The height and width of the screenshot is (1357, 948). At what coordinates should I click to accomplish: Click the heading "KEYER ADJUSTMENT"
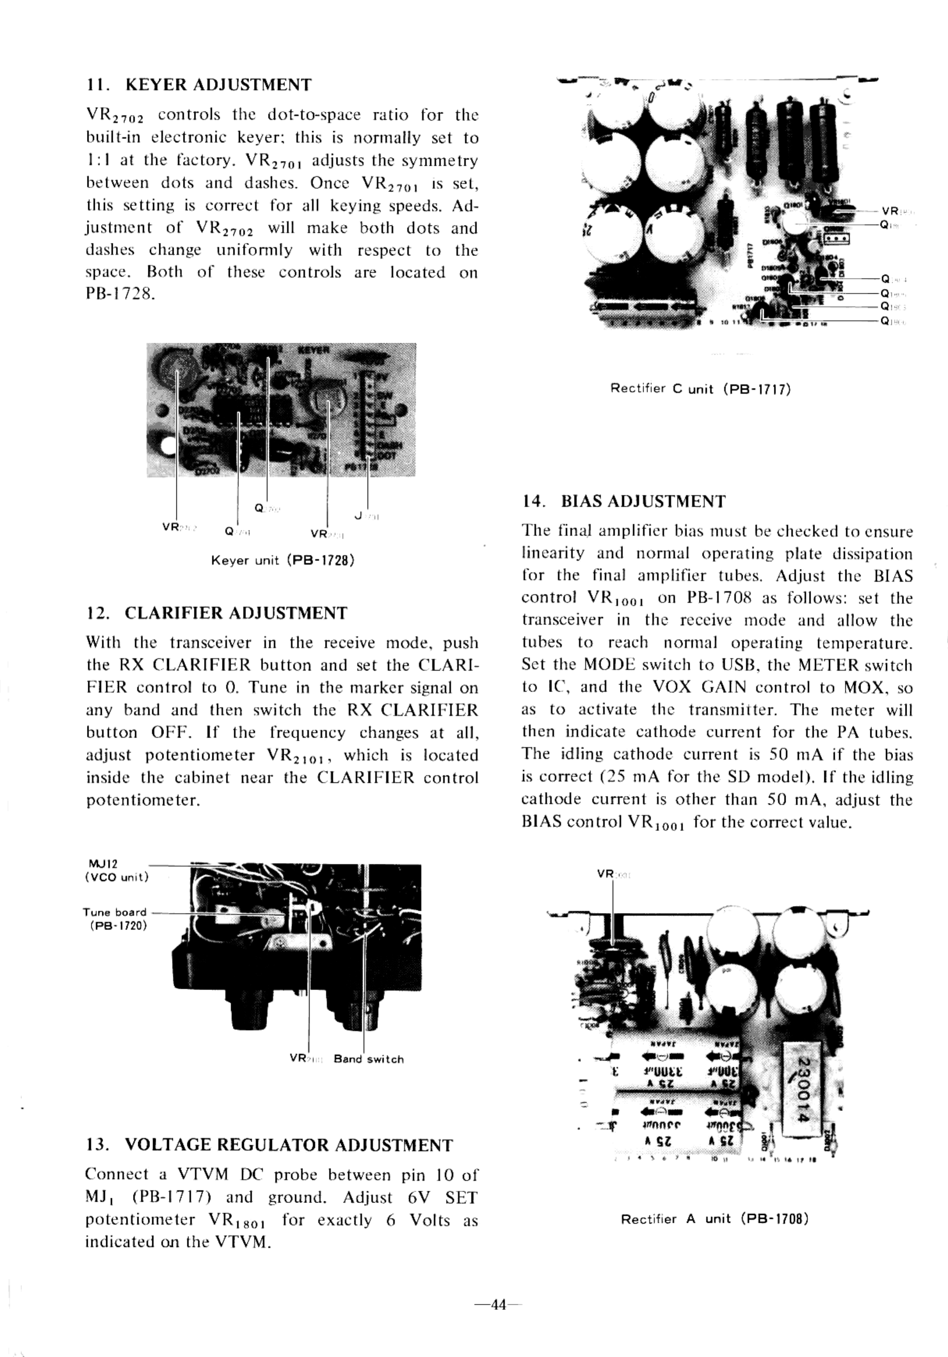(x=218, y=85)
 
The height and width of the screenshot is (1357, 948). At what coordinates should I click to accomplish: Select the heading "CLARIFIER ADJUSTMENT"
(x=236, y=613)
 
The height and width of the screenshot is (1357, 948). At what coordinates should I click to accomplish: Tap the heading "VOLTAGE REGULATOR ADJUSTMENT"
(x=289, y=1145)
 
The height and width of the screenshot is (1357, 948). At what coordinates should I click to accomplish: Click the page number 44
(x=499, y=1304)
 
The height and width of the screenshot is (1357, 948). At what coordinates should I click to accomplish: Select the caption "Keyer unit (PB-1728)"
(x=283, y=560)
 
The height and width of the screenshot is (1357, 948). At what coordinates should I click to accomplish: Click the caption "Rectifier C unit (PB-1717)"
(x=700, y=389)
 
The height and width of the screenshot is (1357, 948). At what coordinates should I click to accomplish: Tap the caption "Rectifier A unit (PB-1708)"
(x=714, y=1219)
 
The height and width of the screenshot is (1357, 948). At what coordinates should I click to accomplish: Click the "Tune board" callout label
(x=114, y=912)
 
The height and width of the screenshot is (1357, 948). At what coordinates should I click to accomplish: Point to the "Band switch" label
(x=368, y=1059)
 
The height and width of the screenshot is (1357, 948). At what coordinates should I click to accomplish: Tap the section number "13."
(x=96, y=1145)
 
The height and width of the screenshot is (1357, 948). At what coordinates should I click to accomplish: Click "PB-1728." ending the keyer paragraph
(x=121, y=294)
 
